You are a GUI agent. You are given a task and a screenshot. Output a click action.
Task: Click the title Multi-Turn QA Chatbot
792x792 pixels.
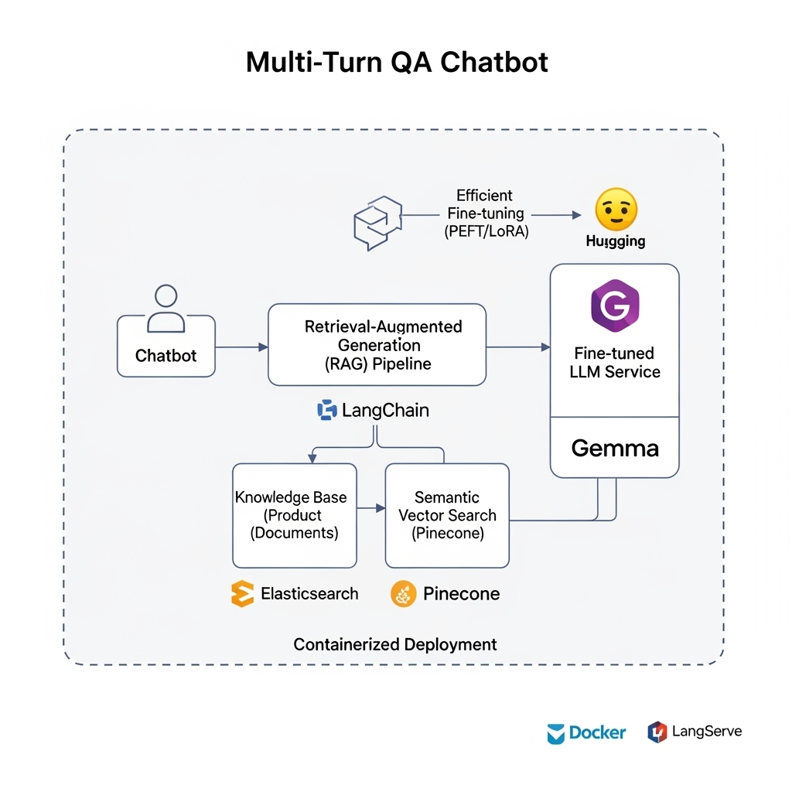(396, 62)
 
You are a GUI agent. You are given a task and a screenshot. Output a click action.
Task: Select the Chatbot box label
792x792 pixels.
(166, 356)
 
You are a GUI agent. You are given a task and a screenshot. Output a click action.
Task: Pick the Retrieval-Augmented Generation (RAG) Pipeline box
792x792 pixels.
(377, 345)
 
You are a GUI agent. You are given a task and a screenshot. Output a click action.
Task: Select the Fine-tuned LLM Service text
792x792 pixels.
(615, 363)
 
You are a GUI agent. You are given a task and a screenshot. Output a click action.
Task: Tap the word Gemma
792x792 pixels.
(615, 448)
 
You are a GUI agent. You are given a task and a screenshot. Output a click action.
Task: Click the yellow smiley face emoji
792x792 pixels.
(616, 209)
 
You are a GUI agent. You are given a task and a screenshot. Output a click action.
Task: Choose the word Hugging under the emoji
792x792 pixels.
(616, 241)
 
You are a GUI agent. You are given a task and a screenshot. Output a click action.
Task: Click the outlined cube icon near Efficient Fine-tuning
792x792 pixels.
(377, 223)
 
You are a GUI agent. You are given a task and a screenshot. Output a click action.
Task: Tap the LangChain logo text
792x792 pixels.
(384, 411)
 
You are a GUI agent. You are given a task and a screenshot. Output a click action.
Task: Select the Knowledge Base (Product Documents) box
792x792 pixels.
(295, 515)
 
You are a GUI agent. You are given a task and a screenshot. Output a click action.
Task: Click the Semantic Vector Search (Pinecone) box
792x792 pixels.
(447, 515)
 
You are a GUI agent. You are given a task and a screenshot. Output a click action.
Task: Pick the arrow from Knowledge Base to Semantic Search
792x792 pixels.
(371, 508)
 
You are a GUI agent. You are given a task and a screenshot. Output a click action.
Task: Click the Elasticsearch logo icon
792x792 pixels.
(243, 594)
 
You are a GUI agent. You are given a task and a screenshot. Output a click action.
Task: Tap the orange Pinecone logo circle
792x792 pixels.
(404, 594)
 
